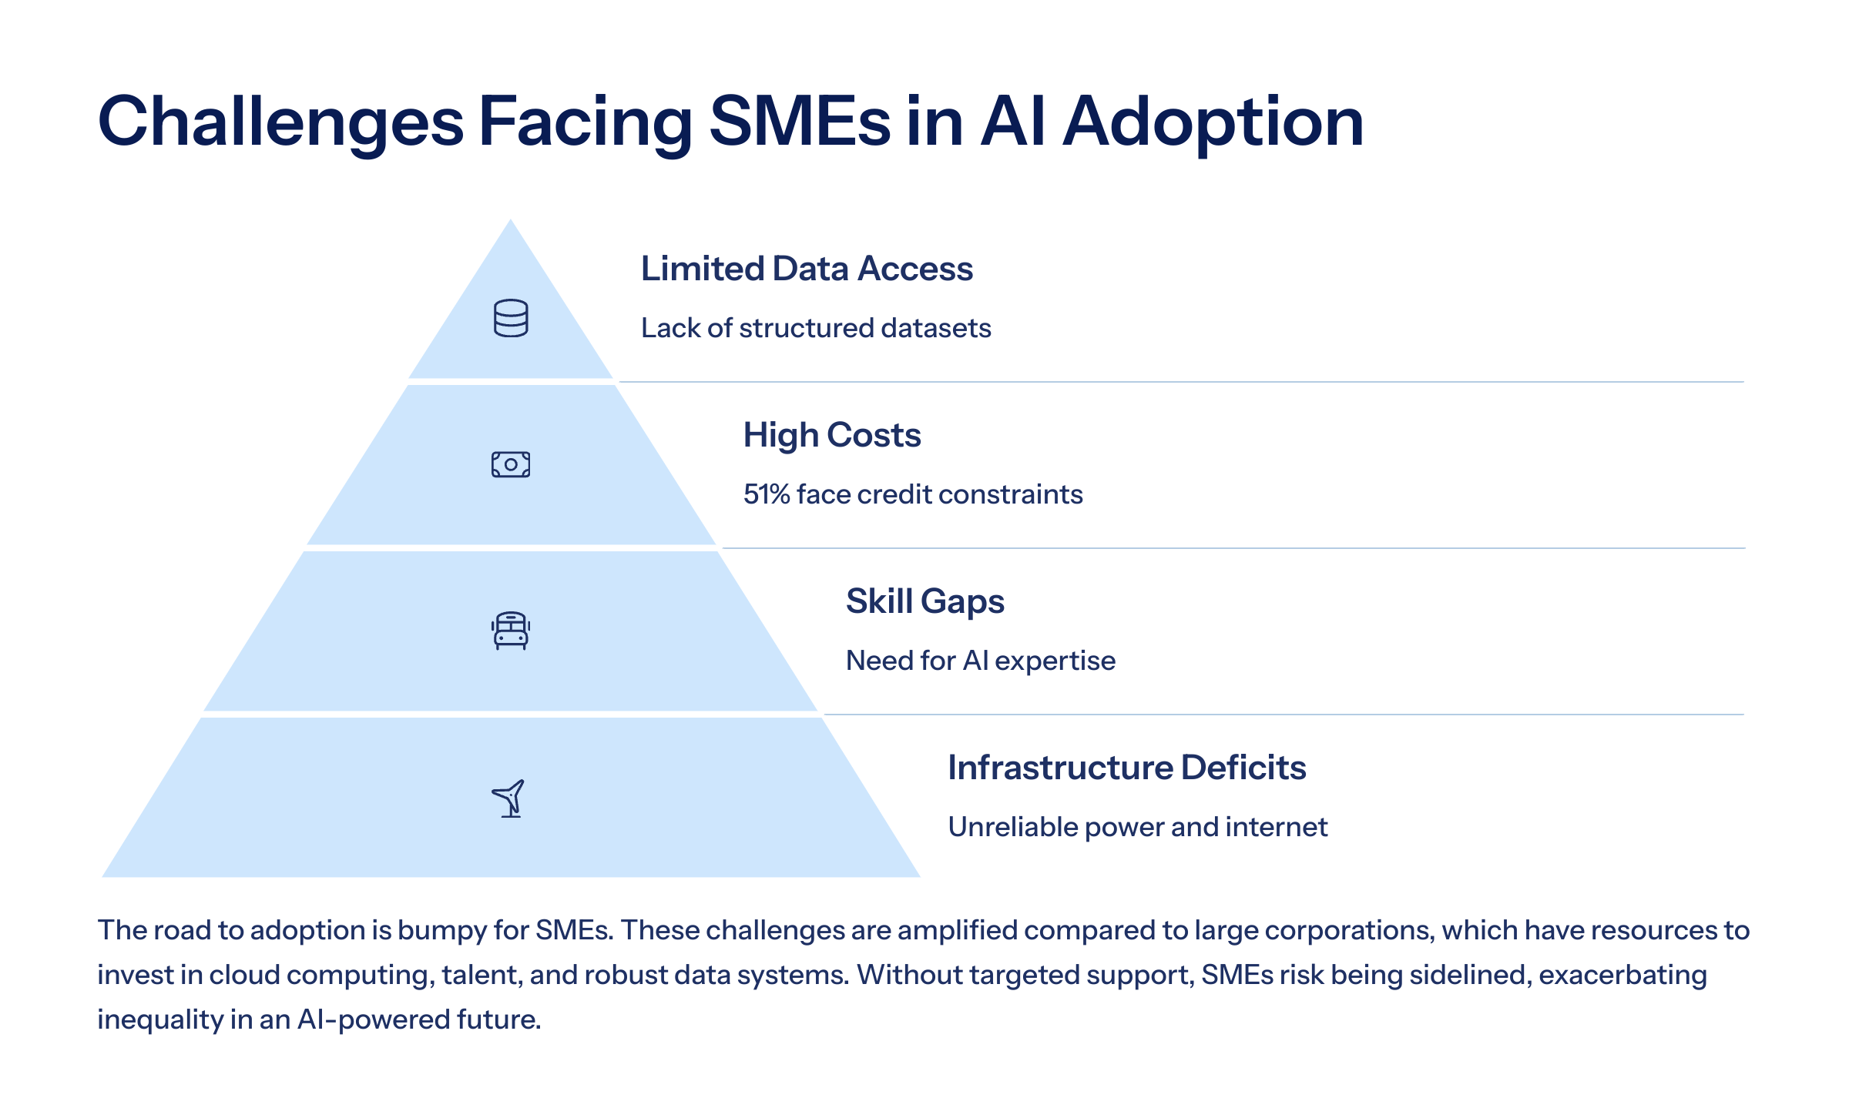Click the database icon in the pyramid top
pyautogui.click(x=511, y=318)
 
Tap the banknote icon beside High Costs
pyautogui.click(x=511, y=464)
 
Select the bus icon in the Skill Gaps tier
pyautogui.click(x=511, y=631)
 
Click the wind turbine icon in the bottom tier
pyautogui.click(x=509, y=798)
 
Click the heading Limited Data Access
pyautogui.click(x=807, y=269)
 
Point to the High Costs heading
pyautogui.click(x=832, y=435)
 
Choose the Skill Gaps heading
pyautogui.click(x=924, y=601)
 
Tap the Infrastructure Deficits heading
pyautogui.click(x=1126, y=768)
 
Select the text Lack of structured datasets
pyautogui.click(x=816, y=328)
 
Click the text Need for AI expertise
pyautogui.click(x=980, y=661)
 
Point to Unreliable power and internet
pyautogui.click(x=1137, y=827)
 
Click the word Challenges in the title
pyautogui.click(x=280, y=122)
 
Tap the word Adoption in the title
pyautogui.click(x=1213, y=122)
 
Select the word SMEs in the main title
pyautogui.click(x=799, y=122)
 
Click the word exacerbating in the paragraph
pyautogui.click(x=1622, y=976)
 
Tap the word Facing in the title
pyautogui.click(x=586, y=122)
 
